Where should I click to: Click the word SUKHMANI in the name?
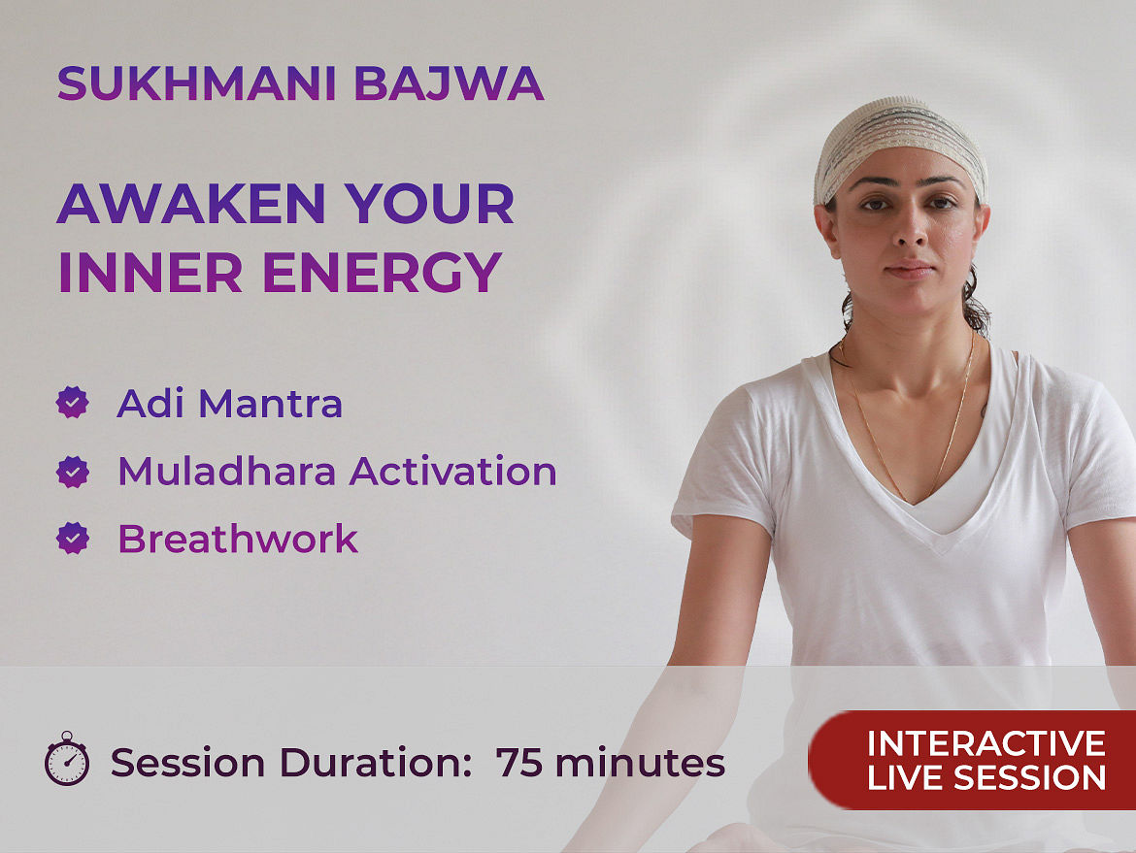point(197,84)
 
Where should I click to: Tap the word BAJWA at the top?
point(450,84)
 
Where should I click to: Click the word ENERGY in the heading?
point(382,273)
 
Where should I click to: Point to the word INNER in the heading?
point(150,273)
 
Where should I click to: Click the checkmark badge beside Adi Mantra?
point(73,403)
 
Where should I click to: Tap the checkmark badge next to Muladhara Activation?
point(73,472)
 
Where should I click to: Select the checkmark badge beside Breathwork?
point(73,538)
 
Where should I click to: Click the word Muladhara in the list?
point(227,472)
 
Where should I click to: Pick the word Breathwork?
point(238,539)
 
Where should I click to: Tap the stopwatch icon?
point(67,759)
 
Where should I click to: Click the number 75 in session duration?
point(518,763)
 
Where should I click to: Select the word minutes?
point(640,763)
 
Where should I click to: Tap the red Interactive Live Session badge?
point(972,760)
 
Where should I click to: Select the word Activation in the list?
point(452,472)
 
